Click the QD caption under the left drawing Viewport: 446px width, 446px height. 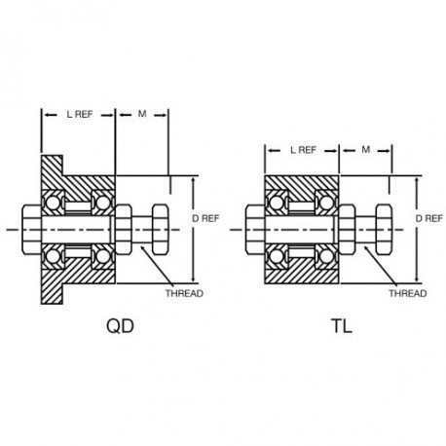click(120, 326)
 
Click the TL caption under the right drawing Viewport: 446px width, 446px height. click(342, 326)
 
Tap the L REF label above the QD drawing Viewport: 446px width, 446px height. click(80, 114)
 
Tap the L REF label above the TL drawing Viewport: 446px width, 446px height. click(303, 150)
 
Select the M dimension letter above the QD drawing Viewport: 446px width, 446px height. click(142, 114)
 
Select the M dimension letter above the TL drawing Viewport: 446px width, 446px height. click(366, 150)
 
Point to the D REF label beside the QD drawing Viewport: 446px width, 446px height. click(205, 218)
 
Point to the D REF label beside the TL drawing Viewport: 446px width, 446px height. click(429, 218)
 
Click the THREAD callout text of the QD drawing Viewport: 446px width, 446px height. click(184, 293)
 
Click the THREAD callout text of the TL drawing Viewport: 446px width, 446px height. click(408, 293)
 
